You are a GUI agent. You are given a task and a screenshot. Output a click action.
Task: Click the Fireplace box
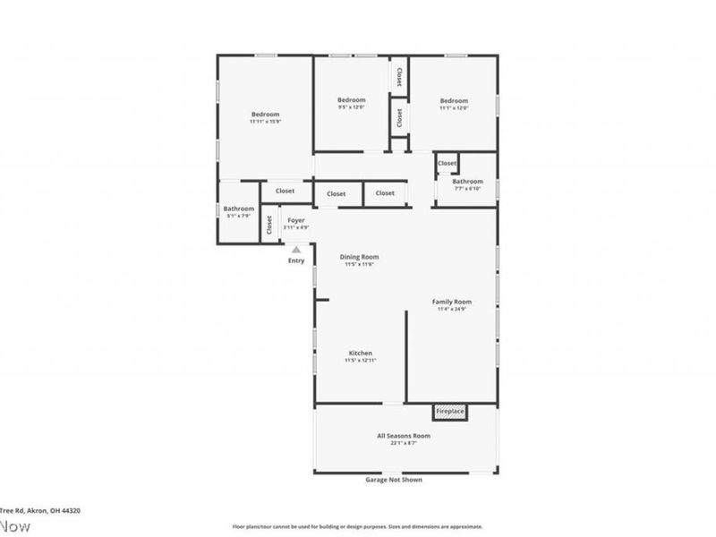click(x=450, y=412)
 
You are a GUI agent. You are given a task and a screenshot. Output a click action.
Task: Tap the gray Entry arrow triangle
click(x=295, y=250)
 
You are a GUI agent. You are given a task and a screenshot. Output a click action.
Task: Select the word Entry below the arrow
click(x=295, y=260)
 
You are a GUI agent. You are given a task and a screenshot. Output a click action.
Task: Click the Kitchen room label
click(x=360, y=354)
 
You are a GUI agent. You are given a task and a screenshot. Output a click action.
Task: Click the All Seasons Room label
click(x=404, y=436)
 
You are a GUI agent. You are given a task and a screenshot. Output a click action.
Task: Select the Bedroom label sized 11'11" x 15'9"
click(x=265, y=115)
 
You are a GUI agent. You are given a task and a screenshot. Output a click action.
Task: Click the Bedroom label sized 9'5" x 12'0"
click(x=351, y=100)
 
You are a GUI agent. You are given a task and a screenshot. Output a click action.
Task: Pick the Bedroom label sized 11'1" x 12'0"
click(x=454, y=101)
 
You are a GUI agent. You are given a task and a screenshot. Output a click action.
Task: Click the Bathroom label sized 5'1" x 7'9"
click(x=239, y=209)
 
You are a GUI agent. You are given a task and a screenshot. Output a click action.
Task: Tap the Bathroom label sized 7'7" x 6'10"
click(x=467, y=182)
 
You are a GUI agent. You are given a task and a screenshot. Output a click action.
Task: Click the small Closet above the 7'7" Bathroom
click(x=447, y=164)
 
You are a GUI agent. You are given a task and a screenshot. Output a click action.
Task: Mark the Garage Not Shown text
click(x=394, y=480)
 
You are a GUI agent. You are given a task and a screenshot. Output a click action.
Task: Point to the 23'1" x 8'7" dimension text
click(x=404, y=443)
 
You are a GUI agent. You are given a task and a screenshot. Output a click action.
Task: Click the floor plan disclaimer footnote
click(x=358, y=527)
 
